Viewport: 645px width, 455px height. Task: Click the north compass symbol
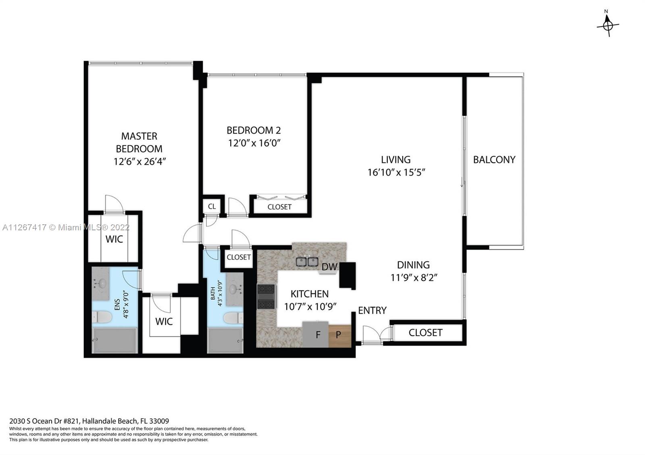click(608, 25)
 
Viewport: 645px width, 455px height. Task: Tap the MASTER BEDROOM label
click(139, 142)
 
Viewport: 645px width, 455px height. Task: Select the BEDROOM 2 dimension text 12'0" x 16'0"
click(254, 143)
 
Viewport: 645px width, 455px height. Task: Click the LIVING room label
click(395, 159)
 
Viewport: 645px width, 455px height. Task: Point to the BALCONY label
click(494, 159)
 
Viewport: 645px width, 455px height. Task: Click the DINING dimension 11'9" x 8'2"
click(414, 277)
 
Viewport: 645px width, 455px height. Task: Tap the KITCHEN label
click(310, 294)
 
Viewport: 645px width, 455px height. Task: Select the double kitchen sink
click(307, 262)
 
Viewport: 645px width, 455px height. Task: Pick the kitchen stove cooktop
click(266, 297)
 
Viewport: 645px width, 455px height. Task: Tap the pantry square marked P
click(338, 334)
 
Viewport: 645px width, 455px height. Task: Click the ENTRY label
click(372, 310)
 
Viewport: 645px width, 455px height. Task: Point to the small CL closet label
click(212, 207)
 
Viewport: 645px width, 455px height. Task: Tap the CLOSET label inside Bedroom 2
click(279, 207)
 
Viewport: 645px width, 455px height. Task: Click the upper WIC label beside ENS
click(114, 239)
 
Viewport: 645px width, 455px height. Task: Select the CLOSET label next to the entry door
click(425, 333)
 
